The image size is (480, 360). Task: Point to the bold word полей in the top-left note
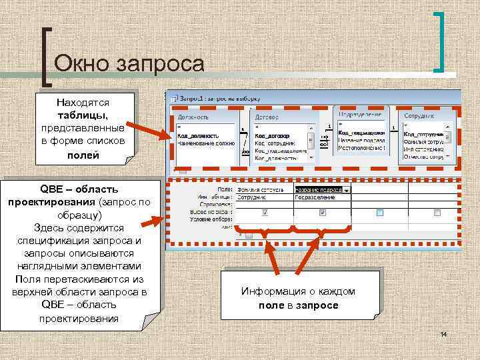click(83, 155)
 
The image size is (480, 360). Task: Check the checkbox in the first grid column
click(265, 213)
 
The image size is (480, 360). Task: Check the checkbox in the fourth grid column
click(437, 213)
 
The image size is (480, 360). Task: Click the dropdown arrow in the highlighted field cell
click(347, 189)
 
